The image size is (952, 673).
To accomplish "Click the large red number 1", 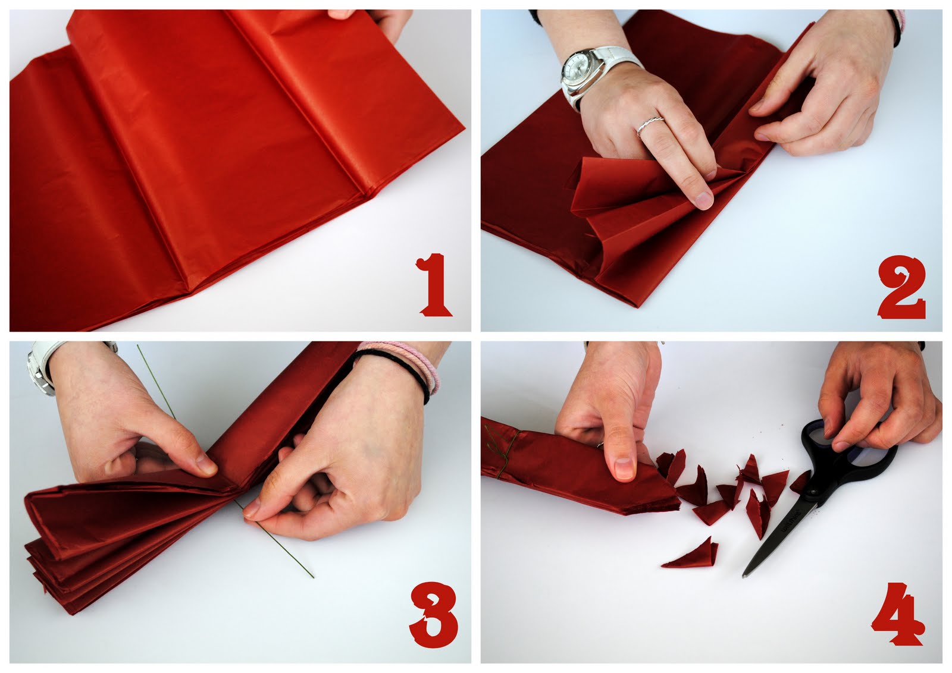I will [436, 284].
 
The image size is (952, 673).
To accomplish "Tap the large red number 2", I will [900, 284].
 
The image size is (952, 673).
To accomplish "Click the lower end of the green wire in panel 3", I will [311, 574].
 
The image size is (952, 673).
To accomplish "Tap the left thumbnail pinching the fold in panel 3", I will [205, 464].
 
